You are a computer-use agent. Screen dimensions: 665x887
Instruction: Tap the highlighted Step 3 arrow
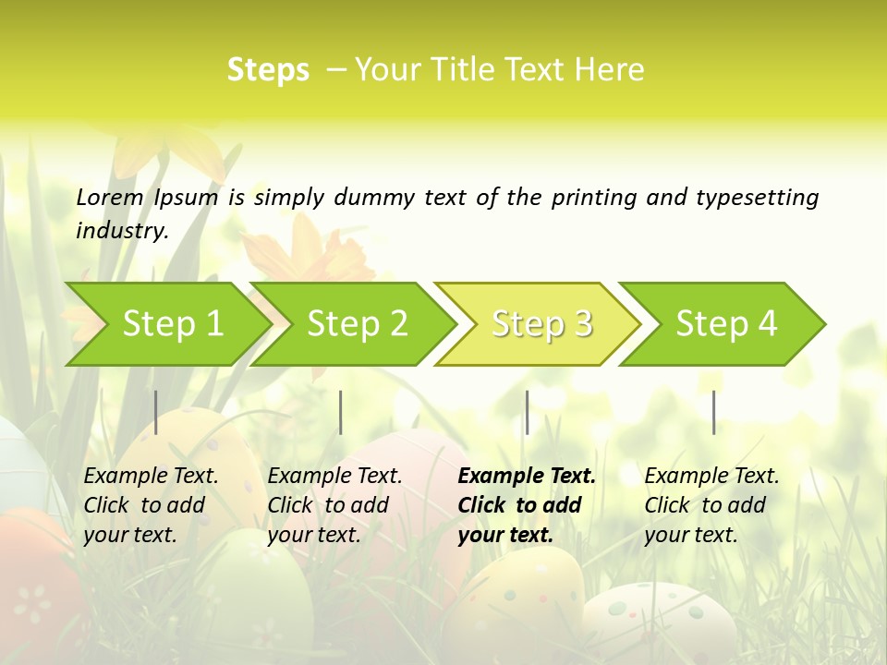pyautogui.click(x=540, y=324)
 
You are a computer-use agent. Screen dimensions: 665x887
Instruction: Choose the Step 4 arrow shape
pyautogui.click(x=724, y=324)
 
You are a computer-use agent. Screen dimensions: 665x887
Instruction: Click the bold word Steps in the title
pyautogui.click(x=268, y=70)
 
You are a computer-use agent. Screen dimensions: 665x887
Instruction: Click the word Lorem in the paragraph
pyautogui.click(x=110, y=197)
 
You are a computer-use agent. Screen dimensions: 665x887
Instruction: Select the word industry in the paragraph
pyautogui.click(x=121, y=231)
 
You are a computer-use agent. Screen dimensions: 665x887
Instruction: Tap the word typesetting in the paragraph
pyautogui.click(x=757, y=197)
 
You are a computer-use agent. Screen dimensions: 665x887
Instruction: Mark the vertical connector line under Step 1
pyautogui.click(x=156, y=412)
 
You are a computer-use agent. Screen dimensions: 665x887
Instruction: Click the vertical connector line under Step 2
pyautogui.click(x=341, y=412)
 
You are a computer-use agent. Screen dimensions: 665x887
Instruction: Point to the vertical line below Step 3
pyautogui.click(x=527, y=412)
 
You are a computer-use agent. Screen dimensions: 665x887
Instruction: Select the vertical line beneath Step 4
pyautogui.click(x=713, y=412)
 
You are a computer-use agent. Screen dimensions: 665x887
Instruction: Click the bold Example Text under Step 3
pyautogui.click(x=527, y=477)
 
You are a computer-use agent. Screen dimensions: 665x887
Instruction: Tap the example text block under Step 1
pyautogui.click(x=151, y=505)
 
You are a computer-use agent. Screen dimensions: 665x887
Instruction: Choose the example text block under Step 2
pyautogui.click(x=334, y=505)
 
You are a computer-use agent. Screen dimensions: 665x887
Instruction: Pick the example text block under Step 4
pyautogui.click(x=711, y=505)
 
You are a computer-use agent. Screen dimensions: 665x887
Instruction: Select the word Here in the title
pyautogui.click(x=610, y=70)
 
